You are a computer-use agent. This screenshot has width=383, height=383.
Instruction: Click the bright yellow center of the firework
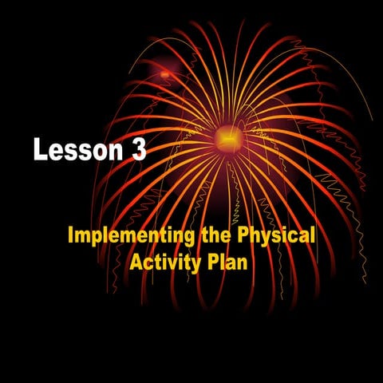(x=227, y=140)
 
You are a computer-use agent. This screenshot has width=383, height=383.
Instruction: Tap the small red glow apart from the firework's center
(x=165, y=74)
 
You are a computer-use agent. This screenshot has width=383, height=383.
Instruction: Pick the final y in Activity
(x=191, y=263)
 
